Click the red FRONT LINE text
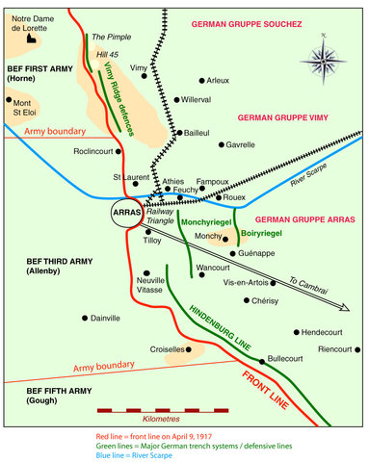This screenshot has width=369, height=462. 270,389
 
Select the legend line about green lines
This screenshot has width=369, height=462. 183,445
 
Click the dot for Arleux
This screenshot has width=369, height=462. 201,80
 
